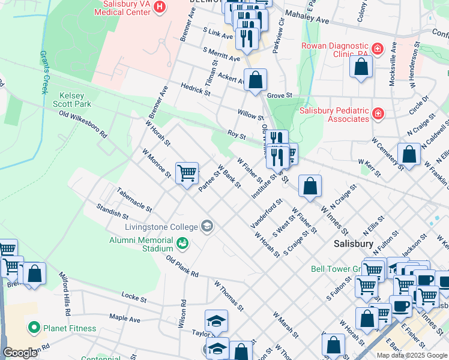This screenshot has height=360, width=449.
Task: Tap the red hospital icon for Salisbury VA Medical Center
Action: pyautogui.click(x=160, y=7)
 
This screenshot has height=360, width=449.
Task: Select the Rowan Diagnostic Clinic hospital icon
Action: pyautogui.click(x=377, y=48)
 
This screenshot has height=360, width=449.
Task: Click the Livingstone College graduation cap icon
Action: pyautogui.click(x=207, y=226)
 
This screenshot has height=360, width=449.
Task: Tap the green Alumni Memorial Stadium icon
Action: pyautogui.click(x=182, y=243)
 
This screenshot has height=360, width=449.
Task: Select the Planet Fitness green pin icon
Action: pyautogui.click(x=34, y=328)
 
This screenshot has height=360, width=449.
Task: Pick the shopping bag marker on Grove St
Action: pyautogui.click(x=255, y=80)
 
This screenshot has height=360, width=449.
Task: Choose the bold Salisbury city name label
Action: pyautogui.click(x=354, y=244)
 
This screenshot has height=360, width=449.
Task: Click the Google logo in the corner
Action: pyautogui.click(x=20, y=353)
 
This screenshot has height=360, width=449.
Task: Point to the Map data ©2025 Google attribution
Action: pyautogui.click(x=411, y=355)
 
